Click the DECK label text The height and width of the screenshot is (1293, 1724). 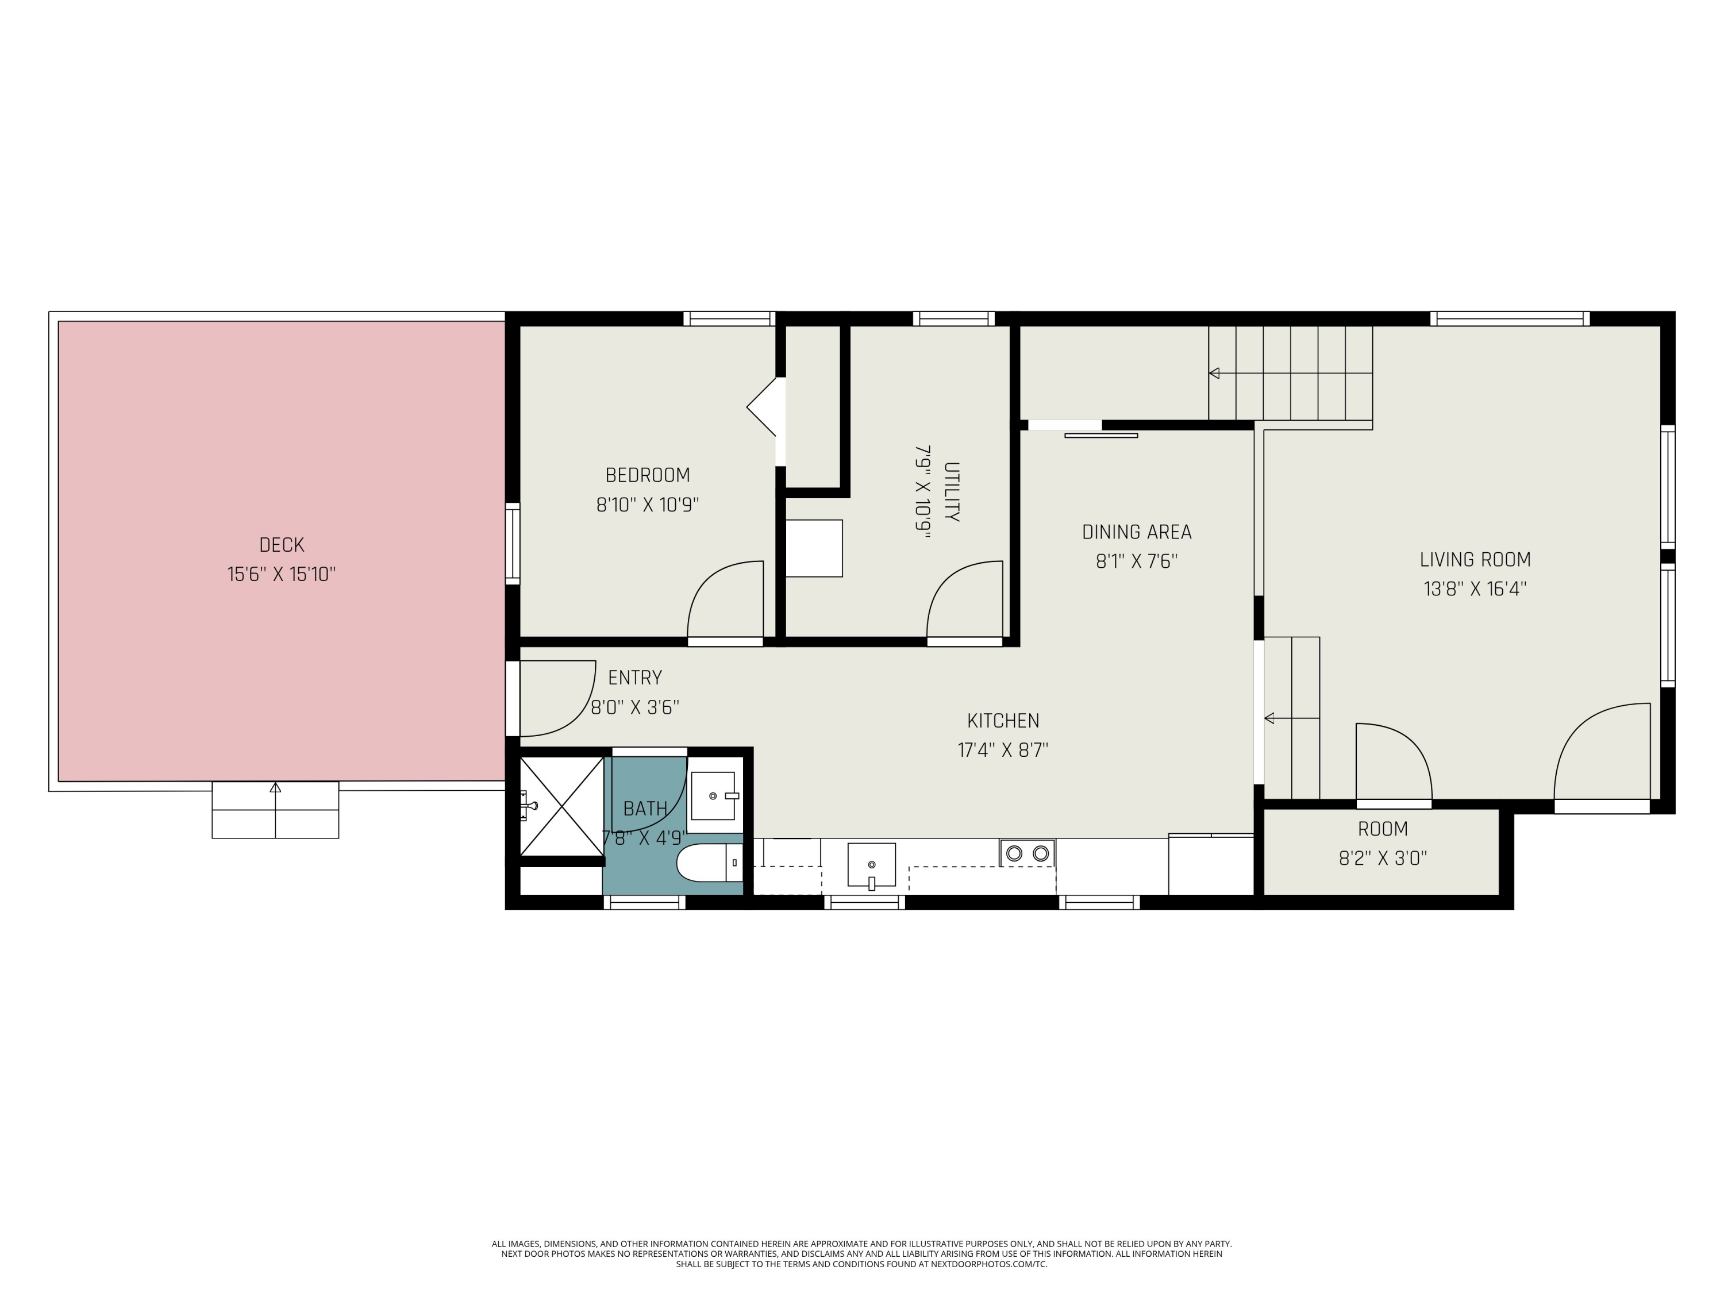coord(282,545)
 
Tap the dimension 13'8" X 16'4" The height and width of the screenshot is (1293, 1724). coord(1475,588)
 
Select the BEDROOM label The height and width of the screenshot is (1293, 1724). coord(647,475)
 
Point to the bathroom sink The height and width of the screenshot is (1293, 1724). coord(713,796)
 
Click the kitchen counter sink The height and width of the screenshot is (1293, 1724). coord(871,865)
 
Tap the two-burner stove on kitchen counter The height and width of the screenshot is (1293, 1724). coord(1028,853)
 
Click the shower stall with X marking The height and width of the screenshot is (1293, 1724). coord(561,806)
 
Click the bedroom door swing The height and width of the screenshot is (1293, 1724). coord(725,600)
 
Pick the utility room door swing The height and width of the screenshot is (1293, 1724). coord(964,600)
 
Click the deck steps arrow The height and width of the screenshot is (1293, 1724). coord(275,788)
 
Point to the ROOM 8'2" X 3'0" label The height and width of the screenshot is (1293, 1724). coord(1383,843)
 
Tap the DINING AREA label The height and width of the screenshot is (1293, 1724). coord(1136,532)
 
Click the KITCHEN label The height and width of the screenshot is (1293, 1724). coord(1003,721)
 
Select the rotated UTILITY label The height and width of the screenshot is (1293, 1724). coord(952,492)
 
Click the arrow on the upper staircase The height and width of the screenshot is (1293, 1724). coord(1214,374)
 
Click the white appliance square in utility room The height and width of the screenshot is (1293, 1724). coord(814,548)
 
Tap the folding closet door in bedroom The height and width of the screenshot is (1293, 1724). coord(764,407)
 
